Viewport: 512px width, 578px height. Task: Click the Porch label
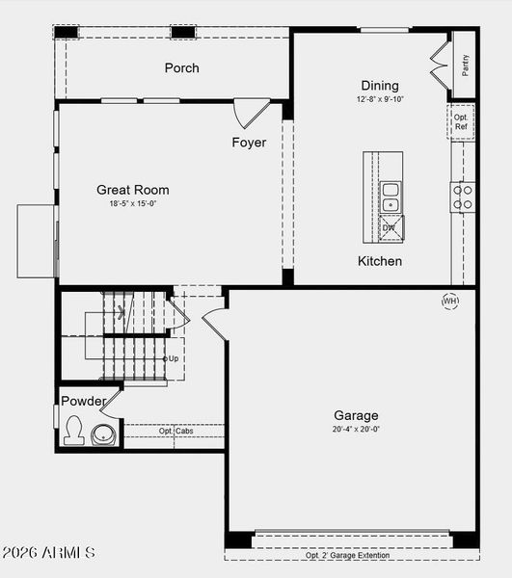[181, 67]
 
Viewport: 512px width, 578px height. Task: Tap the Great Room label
[133, 190]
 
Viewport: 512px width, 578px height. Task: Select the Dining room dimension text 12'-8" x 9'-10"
[380, 99]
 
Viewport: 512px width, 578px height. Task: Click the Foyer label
[249, 143]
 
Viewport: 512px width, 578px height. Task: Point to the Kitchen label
[380, 261]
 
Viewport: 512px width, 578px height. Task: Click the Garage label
[356, 415]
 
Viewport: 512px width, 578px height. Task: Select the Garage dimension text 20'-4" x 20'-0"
[356, 430]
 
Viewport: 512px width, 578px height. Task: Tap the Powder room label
[84, 401]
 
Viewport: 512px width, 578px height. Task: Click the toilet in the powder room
[73, 431]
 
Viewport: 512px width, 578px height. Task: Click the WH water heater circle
[450, 302]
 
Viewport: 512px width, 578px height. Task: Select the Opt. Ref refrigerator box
[461, 121]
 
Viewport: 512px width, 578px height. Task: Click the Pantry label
[465, 66]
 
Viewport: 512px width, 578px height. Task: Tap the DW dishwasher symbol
[390, 228]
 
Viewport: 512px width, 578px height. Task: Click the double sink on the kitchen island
[391, 197]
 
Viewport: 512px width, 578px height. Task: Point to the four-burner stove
[464, 197]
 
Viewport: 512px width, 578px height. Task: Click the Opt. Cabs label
[175, 431]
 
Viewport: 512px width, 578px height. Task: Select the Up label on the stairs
[173, 358]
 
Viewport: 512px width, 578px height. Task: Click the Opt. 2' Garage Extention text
[348, 555]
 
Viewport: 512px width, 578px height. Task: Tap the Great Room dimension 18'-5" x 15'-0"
[133, 203]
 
